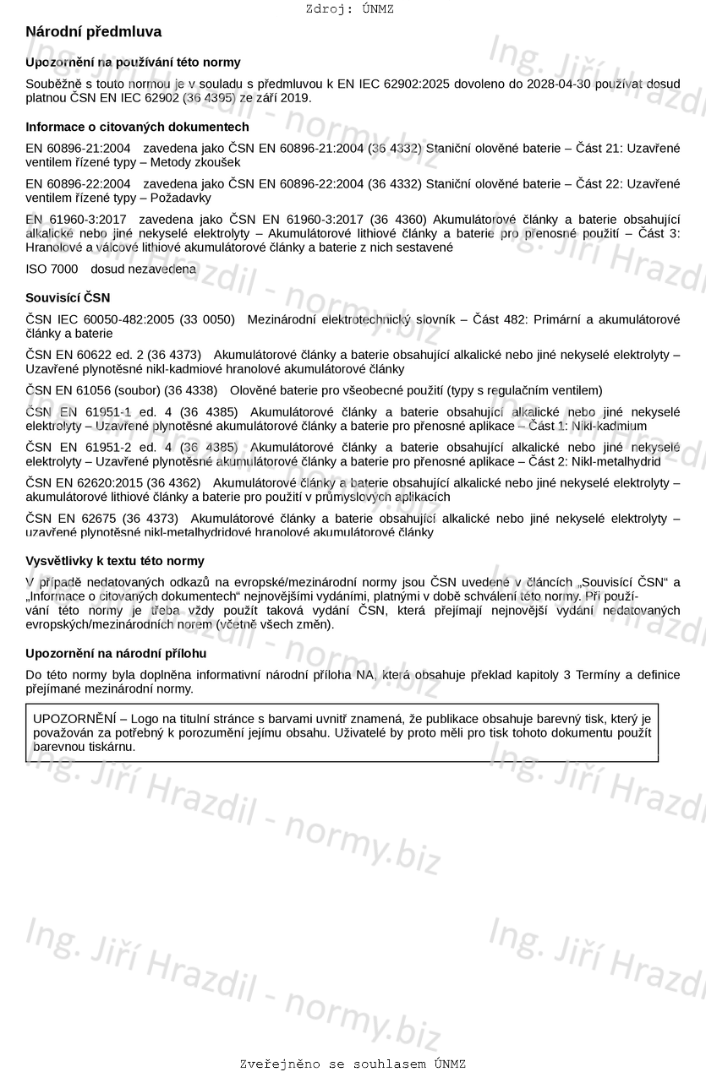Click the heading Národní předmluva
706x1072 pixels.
tap(93, 32)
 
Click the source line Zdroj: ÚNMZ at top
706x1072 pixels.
tap(349, 9)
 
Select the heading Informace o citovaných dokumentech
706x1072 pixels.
tap(137, 127)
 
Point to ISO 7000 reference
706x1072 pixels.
tap(52, 269)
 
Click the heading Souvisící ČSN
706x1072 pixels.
tap(68, 298)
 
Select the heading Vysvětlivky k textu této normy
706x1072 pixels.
tap(114, 561)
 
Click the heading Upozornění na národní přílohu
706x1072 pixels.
tap(116, 654)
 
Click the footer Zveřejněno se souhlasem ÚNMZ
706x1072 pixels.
tap(353, 1064)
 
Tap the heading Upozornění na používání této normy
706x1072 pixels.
tap(133, 62)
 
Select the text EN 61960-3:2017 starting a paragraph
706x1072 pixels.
tap(75, 220)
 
